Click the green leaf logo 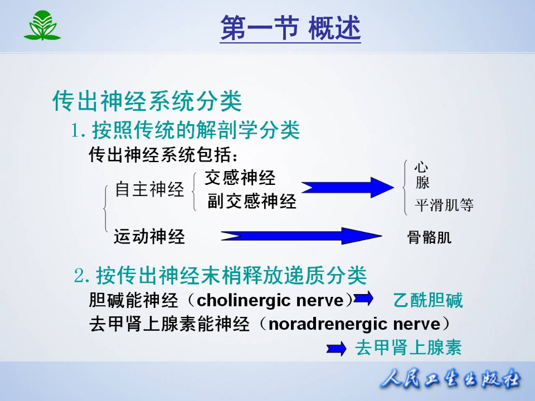tap(42, 27)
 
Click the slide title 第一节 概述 tap(290, 28)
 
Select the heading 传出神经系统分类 tap(147, 101)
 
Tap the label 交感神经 tap(240, 178)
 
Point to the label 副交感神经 tap(252, 201)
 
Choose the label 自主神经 tap(149, 189)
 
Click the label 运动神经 tap(149, 237)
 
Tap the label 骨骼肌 tap(429, 238)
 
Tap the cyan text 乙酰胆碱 tap(428, 301)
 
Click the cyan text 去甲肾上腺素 tap(408, 348)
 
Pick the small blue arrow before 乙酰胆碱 tap(363, 299)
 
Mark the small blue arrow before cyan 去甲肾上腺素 tap(337, 349)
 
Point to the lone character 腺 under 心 tap(422, 183)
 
